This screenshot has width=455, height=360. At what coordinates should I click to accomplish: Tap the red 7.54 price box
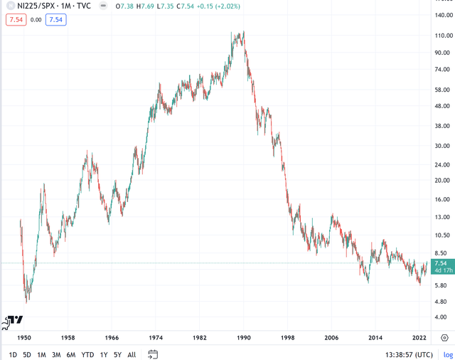coord(16,20)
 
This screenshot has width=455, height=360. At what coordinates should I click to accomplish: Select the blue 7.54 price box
coord(56,20)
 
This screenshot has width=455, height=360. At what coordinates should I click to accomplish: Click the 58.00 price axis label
coord(442,90)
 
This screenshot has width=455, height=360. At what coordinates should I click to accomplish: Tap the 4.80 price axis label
coord(442,302)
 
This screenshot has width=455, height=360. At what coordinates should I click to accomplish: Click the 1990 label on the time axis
coord(244,338)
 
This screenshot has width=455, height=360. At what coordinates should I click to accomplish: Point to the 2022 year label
coord(419,338)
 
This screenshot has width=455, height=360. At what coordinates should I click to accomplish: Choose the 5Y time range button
coord(117,354)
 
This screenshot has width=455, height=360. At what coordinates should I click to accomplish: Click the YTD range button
coord(87,354)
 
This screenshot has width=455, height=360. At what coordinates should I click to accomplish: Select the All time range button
coord(132,354)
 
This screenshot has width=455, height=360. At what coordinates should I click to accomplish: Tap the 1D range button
coord(13,354)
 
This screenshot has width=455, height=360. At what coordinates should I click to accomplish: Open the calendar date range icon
coord(153,354)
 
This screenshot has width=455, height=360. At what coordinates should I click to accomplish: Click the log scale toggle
coord(448,354)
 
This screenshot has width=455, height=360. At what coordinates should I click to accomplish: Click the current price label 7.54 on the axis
coord(441,263)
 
